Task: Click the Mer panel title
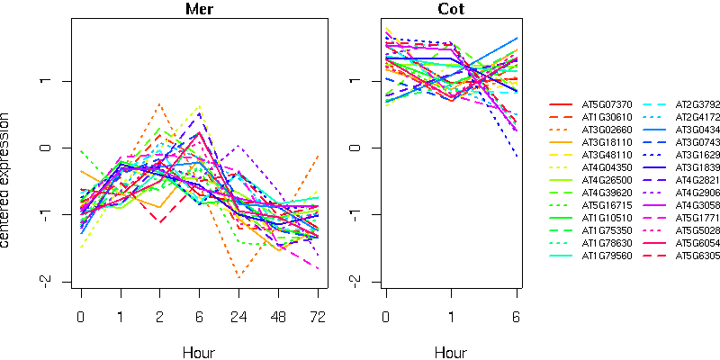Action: [199, 10]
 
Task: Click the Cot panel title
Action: [452, 10]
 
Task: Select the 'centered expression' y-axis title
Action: [7, 180]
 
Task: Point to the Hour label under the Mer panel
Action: [199, 352]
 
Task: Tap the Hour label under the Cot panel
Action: [452, 352]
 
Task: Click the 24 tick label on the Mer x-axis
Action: [238, 318]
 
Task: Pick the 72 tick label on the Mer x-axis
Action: [318, 318]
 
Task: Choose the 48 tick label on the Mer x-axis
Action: [278, 318]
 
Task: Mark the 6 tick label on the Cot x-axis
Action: [517, 318]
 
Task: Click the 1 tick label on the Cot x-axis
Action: [452, 318]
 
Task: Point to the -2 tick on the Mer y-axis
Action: [54, 281]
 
